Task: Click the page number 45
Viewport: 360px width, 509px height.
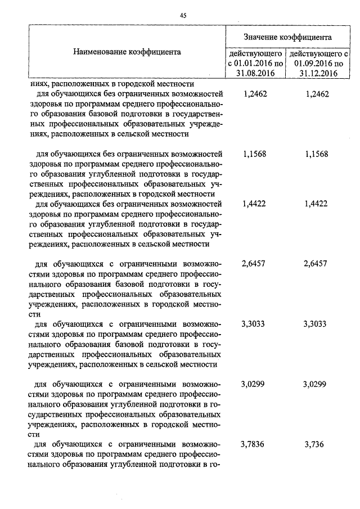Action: click(183, 15)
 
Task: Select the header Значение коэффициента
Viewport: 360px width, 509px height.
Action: click(287, 37)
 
